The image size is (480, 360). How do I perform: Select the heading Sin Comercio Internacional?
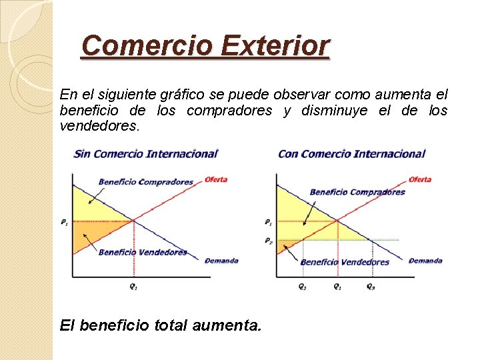tap(146, 154)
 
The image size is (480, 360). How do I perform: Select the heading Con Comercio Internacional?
tap(351, 154)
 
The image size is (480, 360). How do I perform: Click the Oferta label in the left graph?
tap(216, 179)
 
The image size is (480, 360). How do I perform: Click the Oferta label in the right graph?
tap(419, 179)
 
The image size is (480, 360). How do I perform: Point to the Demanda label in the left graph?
tap(221, 261)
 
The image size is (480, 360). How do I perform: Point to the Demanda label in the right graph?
tap(425, 261)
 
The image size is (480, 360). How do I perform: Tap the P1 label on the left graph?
tap(64, 222)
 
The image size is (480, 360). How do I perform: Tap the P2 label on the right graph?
tap(268, 240)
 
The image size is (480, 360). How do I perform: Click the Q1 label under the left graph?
tap(134, 287)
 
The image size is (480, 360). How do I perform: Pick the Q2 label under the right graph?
tap(303, 287)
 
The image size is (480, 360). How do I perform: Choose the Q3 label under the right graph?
tap(371, 287)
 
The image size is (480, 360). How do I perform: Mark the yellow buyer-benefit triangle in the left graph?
tap(90, 207)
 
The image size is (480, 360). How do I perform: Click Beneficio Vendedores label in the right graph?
tap(345, 262)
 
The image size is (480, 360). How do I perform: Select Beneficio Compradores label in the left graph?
tap(145, 182)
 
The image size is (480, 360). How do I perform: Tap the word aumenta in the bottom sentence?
tap(227, 325)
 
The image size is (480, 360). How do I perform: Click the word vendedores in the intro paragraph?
tap(99, 125)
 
